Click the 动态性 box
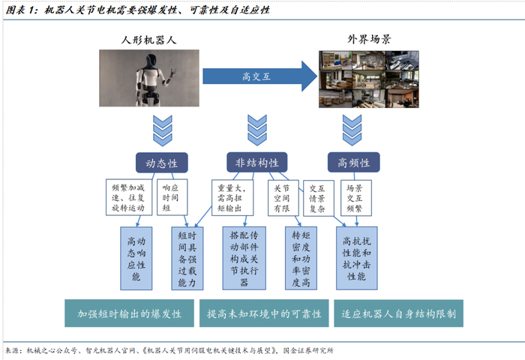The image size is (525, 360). [x=161, y=163]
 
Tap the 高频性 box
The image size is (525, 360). [x=353, y=163]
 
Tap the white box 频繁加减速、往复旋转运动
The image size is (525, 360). [x=127, y=196]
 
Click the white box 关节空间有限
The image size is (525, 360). [x=281, y=196]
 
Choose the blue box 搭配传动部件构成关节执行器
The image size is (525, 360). [x=244, y=259]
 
